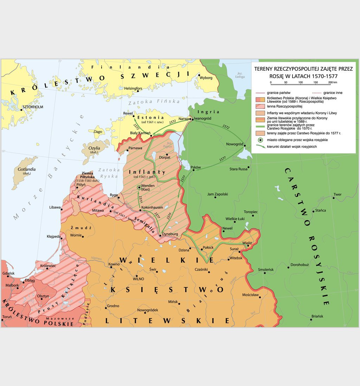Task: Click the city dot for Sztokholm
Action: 21,109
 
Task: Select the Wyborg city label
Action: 206,77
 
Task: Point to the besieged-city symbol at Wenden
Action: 139,188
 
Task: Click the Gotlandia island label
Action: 26,170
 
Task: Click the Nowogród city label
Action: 234,144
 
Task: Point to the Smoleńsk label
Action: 266,270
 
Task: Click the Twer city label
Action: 337,194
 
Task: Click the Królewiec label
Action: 48,266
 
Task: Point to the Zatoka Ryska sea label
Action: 108,173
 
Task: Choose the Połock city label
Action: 208,248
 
